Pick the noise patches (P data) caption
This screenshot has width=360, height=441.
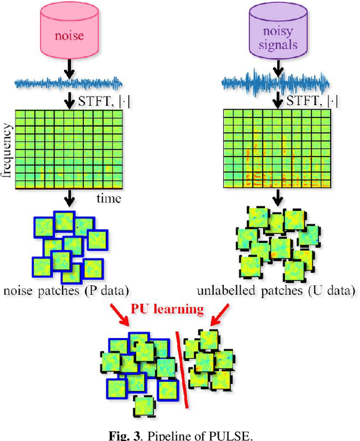[66, 291]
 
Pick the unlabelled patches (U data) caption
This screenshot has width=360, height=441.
[276, 291]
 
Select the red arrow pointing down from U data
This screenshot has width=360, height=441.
[220, 315]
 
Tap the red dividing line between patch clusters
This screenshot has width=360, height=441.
[183, 368]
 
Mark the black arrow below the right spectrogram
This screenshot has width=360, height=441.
[276, 198]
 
